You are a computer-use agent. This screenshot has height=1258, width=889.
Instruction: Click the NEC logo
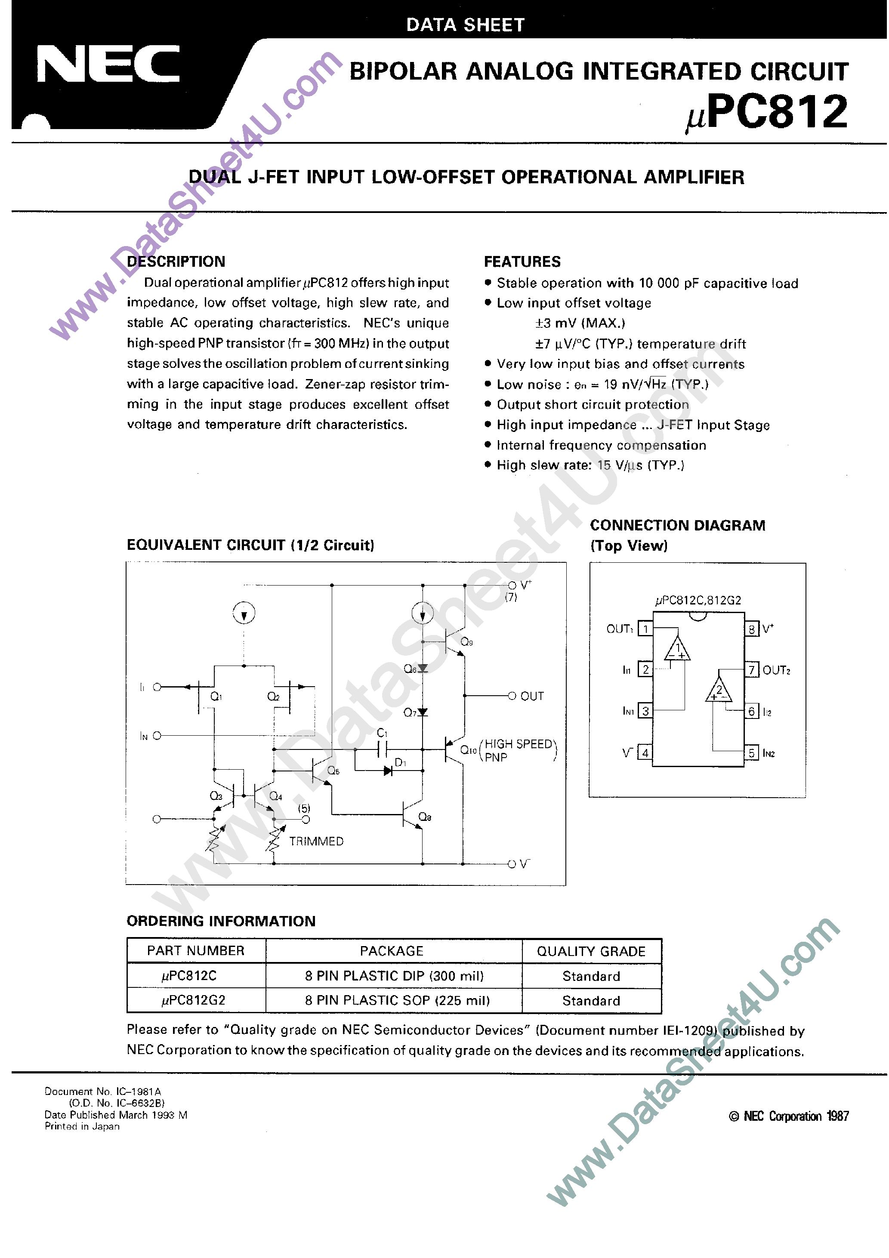coord(108,64)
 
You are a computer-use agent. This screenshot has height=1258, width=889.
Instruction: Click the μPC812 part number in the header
coord(767,112)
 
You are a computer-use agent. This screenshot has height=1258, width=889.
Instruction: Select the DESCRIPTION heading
coord(176,261)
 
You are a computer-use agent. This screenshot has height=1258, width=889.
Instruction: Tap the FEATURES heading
coord(522,261)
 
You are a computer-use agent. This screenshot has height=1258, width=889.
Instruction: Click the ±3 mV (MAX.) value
coord(580,323)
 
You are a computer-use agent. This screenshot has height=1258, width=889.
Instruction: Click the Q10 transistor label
coord(467,749)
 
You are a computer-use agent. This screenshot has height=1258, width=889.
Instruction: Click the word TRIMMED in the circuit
coord(316,841)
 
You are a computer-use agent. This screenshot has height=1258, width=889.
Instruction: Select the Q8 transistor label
coord(424,817)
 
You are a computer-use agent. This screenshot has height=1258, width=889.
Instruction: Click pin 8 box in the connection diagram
coord(751,629)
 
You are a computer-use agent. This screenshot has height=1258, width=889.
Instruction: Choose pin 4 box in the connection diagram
coord(645,753)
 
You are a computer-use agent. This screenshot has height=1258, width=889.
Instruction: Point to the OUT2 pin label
coord(776,670)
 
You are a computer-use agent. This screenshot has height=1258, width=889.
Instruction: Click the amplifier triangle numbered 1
coord(677,651)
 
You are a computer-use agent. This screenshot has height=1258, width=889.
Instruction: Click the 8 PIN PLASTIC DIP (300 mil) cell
coord(394,975)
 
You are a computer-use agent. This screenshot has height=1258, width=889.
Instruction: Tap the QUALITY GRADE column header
coord(591,951)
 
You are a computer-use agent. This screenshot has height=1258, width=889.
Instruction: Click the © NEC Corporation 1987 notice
coord(789,1116)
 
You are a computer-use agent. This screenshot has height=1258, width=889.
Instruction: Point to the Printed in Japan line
coord(82,1126)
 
